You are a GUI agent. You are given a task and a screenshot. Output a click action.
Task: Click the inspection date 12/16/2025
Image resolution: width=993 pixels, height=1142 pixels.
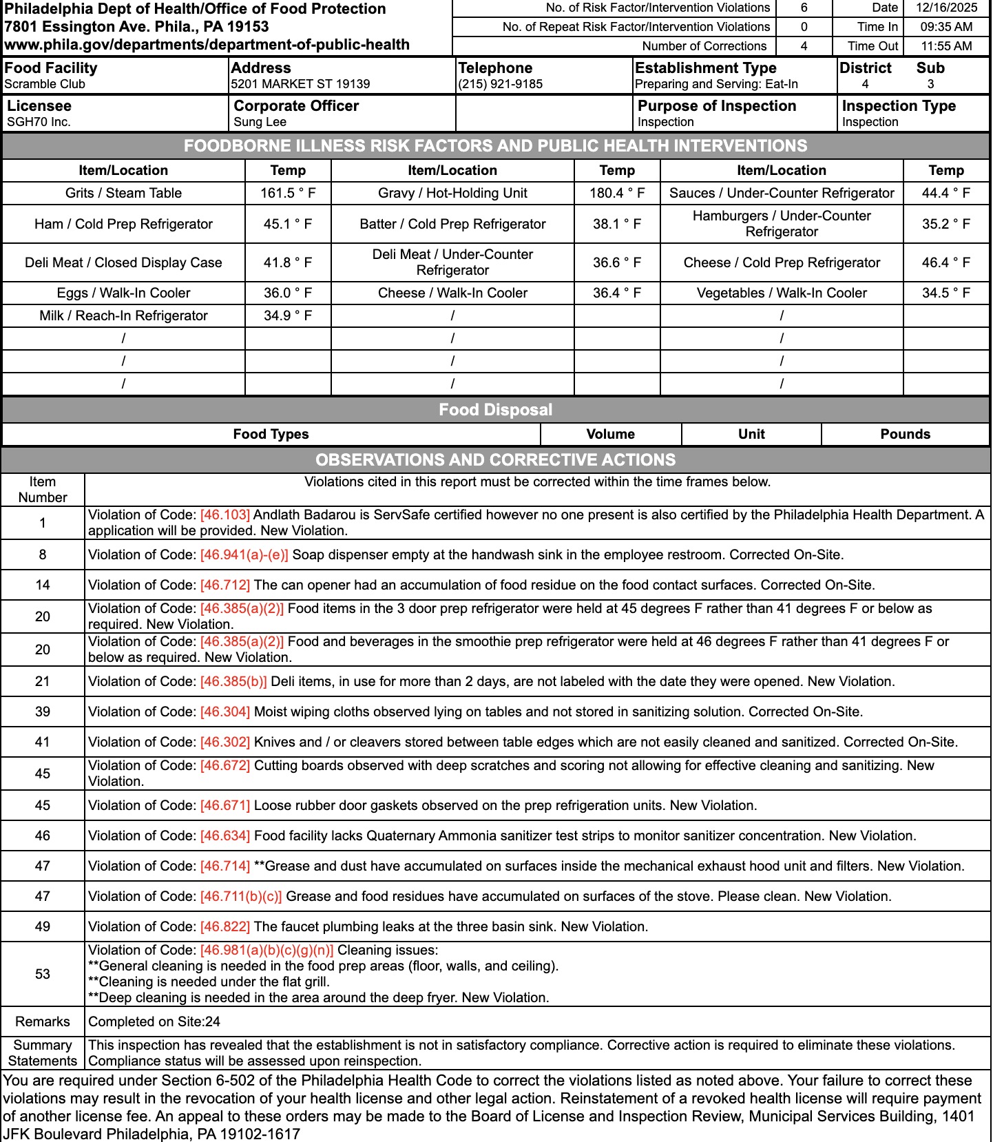click(x=946, y=8)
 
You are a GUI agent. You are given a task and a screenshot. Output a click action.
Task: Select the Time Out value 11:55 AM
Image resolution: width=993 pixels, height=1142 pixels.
click(x=946, y=46)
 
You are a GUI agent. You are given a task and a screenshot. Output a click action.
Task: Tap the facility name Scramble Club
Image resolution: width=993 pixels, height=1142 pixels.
click(x=45, y=84)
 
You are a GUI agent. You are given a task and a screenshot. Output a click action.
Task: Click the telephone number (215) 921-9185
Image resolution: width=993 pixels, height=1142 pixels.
click(x=500, y=84)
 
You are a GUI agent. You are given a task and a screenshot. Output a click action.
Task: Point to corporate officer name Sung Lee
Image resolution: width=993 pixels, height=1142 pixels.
click(x=260, y=122)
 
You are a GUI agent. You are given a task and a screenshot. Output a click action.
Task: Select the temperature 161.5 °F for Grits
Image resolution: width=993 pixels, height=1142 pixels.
click(x=288, y=193)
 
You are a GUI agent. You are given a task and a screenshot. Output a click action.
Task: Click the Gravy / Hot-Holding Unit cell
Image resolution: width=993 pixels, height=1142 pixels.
click(x=452, y=193)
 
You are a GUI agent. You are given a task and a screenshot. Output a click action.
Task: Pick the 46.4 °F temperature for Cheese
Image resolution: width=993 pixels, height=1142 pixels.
click(x=945, y=262)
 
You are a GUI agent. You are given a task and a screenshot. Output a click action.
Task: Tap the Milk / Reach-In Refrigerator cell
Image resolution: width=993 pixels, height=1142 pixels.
click(x=123, y=315)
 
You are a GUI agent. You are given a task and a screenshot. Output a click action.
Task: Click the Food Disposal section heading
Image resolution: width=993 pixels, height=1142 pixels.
click(x=496, y=410)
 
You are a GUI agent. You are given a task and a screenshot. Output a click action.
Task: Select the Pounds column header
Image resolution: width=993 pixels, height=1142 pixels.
click(x=905, y=434)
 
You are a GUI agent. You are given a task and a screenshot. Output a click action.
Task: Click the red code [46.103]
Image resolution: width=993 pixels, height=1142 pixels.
click(x=225, y=515)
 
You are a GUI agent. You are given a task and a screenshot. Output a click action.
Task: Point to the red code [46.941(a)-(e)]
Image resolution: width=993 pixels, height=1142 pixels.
click(x=244, y=554)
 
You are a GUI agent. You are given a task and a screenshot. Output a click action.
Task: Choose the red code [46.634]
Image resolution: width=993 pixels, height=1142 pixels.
click(x=225, y=835)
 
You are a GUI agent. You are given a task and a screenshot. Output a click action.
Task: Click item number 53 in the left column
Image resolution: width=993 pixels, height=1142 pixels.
click(x=43, y=974)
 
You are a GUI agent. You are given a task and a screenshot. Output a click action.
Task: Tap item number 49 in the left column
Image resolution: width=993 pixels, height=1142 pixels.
click(x=43, y=926)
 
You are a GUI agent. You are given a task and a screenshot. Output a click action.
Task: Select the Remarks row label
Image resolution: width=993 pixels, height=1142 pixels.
click(x=43, y=1021)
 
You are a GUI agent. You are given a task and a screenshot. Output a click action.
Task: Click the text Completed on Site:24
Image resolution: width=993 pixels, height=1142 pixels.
click(x=154, y=1021)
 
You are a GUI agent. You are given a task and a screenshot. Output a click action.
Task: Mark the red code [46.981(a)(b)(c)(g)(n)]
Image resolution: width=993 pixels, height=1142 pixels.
click(x=266, y=950)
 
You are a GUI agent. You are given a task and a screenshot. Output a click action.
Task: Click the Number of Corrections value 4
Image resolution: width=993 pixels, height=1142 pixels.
click(x=804, y=46)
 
